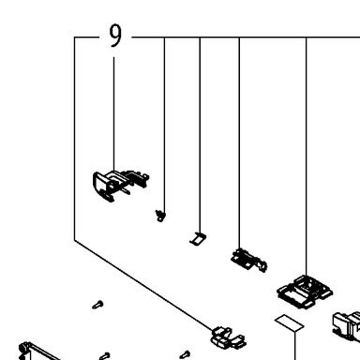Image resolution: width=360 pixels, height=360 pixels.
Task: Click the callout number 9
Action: coord(115,36)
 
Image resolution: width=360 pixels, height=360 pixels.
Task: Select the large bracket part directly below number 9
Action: coord(120,186)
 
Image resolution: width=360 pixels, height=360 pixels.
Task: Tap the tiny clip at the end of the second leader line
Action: coord(160,216)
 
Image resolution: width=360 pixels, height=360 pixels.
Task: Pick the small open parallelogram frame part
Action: coord(198,239)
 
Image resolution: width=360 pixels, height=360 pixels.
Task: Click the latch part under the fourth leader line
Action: coord(248,260)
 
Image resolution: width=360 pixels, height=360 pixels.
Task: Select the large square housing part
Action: coord(305,292)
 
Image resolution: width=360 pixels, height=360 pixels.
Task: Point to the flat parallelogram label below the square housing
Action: coord(290,323)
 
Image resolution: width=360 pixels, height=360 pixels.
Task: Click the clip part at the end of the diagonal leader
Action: coord(228,337)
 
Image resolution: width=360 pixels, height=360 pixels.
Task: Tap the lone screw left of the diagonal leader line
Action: coord(98,305)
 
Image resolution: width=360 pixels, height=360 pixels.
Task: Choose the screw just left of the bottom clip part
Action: coord(185,354)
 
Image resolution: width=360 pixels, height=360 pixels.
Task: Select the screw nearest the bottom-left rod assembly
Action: coord(104,355)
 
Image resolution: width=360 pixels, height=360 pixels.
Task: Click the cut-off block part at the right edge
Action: coord(346,326)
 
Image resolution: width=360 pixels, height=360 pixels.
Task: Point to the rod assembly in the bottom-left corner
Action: coord(37,352)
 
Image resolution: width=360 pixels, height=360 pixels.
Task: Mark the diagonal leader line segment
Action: coord(143,285)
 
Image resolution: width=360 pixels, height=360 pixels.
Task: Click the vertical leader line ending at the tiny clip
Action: coord(165,125)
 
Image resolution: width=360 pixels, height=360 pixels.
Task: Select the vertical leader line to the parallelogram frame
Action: coord(200,135)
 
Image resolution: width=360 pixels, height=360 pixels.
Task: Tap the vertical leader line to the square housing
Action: coord(307,157)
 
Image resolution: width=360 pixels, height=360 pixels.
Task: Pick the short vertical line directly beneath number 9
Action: coord(113,114)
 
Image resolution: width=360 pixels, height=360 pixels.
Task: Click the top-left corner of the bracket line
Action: coord(75,37)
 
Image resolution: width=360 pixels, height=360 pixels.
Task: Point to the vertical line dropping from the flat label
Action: coord(295,346)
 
